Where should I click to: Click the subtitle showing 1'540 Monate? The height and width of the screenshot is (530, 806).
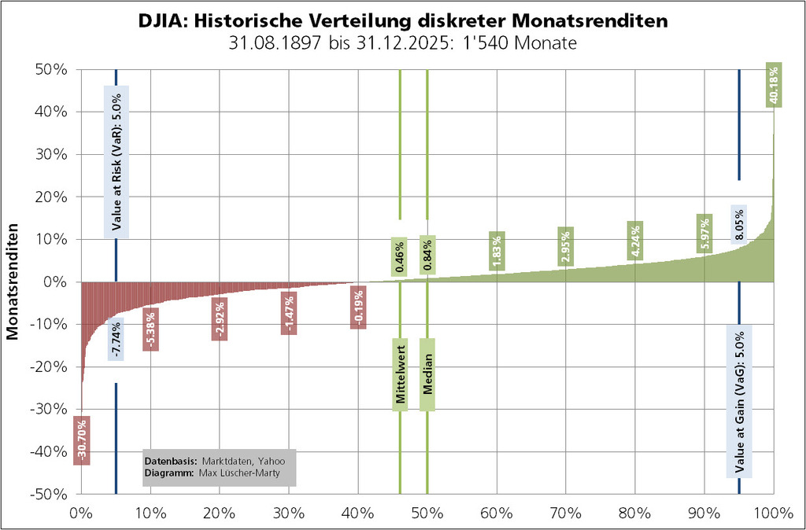pos(402,42)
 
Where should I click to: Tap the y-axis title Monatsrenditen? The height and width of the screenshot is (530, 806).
pos(13,282)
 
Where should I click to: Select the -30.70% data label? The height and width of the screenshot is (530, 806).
pos(82,440)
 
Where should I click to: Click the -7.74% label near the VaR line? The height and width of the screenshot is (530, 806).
pos(116,338)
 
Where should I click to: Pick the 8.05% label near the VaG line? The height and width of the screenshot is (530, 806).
pos(738,225)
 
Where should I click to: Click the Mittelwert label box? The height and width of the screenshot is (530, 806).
pos(401,374)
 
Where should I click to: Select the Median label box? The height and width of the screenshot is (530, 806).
pos(427,374)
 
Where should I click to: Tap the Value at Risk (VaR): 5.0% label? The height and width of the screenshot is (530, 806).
pos(116,162)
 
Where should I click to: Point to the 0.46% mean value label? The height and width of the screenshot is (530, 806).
pos(401,256)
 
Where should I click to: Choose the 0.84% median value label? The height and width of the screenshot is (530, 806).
pos(427,256)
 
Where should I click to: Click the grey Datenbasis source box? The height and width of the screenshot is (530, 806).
pos(219,466)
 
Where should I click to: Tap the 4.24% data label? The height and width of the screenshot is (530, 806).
pos(635,241)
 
